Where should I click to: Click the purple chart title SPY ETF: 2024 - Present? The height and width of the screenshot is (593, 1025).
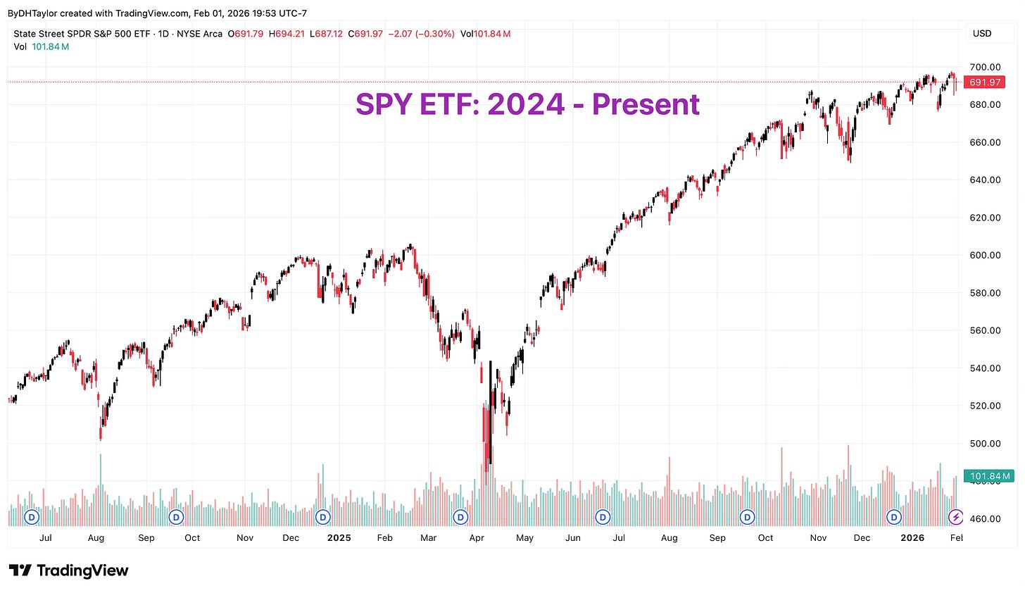pos(527,104)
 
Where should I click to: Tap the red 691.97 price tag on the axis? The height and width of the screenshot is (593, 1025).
pos(985,82)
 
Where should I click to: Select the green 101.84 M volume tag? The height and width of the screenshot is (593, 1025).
pos(988,476)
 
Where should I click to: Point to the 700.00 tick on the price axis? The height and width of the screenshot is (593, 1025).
pos(985,67)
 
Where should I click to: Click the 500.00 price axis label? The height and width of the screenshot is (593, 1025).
pos(985,444)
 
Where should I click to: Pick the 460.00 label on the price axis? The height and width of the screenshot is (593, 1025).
pos(985,519)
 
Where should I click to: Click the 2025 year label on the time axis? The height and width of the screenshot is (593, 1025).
pos(339,538)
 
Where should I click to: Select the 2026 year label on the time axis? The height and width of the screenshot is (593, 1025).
pos(912,538)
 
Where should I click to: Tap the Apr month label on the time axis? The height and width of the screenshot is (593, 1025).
pos(477,538)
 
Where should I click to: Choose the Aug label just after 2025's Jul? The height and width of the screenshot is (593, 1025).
pos(669,538)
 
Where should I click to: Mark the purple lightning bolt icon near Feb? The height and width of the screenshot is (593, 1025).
pos(955,518)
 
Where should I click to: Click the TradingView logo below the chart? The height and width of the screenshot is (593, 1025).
pos(69,570)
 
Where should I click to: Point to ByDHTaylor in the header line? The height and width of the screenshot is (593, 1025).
pos(32,13)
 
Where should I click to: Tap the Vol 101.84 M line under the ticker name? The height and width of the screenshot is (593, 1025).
pos(42,46)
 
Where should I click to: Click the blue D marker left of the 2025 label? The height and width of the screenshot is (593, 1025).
pos(322,517)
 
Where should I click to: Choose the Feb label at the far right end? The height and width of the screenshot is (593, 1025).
pos(956,538)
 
